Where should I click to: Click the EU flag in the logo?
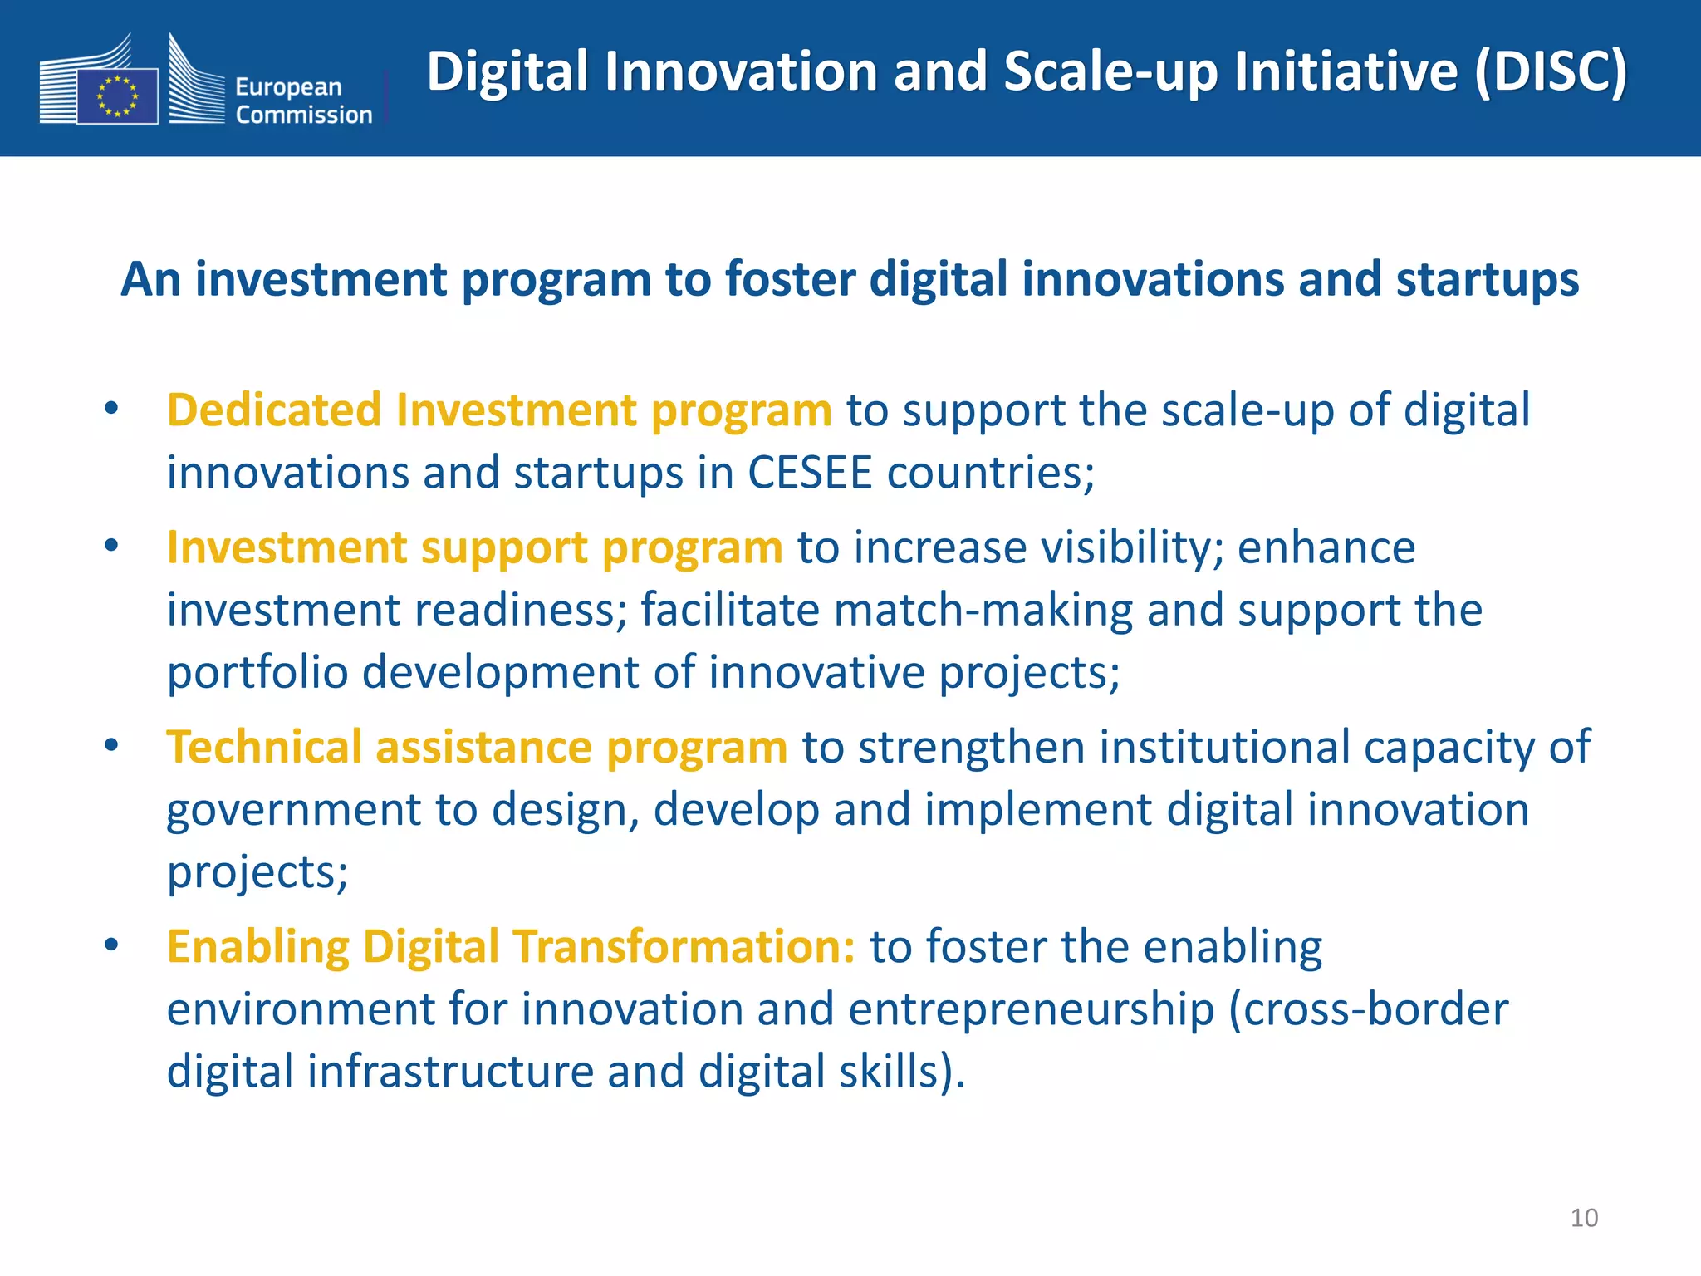tap(117, 96)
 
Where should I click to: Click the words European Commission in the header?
tap(303, 101)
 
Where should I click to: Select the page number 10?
tap(1584, 1218)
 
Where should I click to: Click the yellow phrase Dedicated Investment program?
tap(498, 410)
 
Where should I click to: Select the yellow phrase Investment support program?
tap(474, 548)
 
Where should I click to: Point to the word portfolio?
tap(257, 672)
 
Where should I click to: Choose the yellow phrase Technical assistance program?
tap(477, 747)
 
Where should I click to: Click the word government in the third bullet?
tap(293, 810)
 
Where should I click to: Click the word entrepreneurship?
tap(1031, 1009)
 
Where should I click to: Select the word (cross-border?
tap(1368, 1009)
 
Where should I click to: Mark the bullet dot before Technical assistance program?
tap(112, 744)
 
